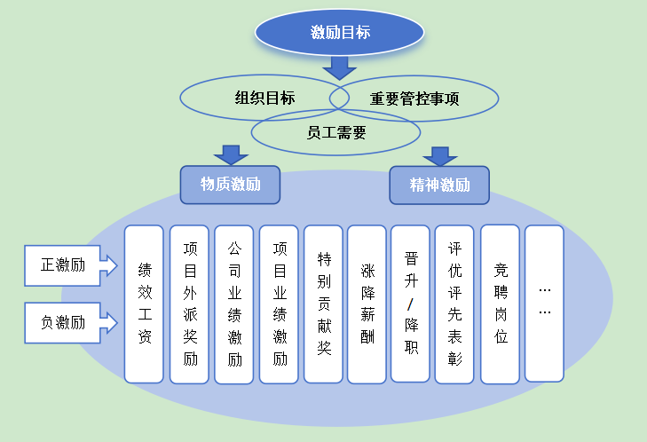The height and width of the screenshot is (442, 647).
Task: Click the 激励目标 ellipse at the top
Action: point(340,33)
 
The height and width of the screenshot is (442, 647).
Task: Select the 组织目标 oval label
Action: point(264,98)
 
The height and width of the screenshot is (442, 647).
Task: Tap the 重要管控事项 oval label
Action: point(414,98)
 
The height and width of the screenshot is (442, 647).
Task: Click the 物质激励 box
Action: point(230,185)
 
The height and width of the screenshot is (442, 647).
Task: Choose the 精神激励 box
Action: point(439,185)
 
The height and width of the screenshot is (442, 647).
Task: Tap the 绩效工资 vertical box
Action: point(144,304)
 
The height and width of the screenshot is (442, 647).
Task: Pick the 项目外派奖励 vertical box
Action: point(189,304)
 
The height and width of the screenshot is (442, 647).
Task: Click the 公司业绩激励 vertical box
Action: point(234,304)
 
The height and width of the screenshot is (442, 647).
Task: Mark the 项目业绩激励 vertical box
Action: point(279,304)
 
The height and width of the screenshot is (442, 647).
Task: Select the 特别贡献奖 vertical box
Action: point(323,304)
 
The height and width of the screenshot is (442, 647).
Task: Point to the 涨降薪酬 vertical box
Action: point(367,304)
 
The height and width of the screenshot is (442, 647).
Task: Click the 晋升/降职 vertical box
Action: point(411,304)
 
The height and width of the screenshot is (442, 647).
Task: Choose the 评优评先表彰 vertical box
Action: point(455,304)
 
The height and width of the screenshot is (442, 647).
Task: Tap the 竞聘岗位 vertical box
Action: point(500,304)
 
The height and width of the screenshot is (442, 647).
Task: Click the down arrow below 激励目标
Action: point(339,67)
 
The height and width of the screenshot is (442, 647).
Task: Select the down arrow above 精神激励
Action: point(439,155)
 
